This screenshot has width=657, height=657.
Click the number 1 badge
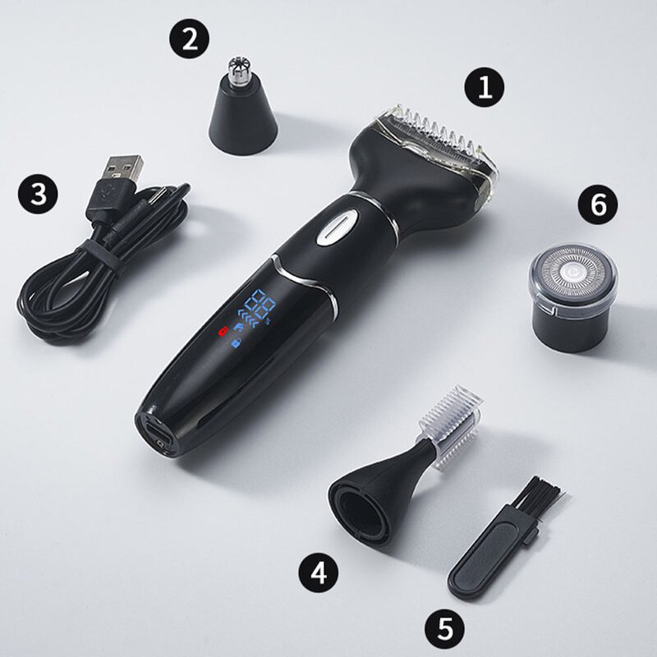click(x=485, y=87)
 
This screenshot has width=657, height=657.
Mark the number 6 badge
click(x=598, y=204)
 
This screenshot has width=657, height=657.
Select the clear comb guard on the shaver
click(x=435, y=144)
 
